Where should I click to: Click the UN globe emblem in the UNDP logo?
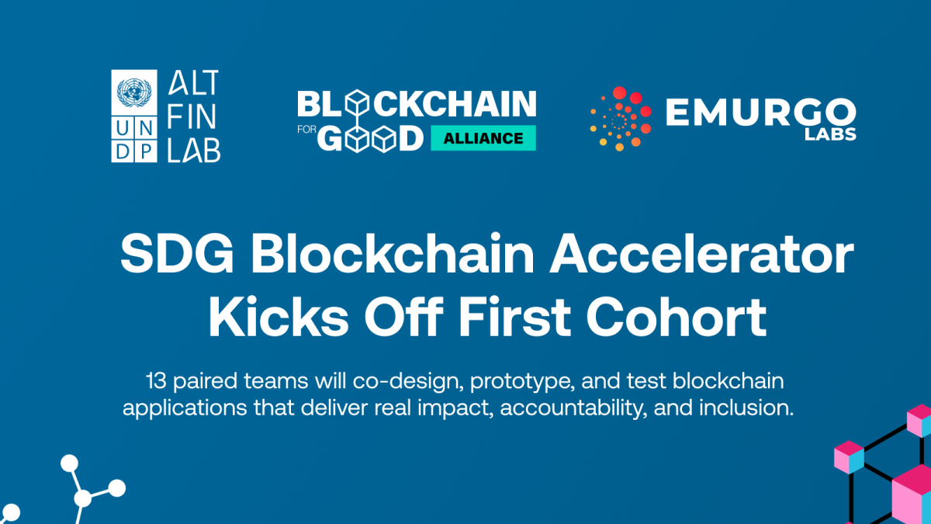pos(133,92)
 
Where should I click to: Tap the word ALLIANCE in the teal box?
pos(483,138)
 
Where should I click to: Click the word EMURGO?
pos(760,112)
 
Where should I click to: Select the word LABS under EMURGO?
pos(830,134)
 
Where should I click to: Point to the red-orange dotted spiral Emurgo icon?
pos(621,119)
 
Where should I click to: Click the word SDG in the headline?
pos(177,253)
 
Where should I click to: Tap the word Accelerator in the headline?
pos(701,253)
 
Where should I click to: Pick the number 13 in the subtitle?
pos(156,381)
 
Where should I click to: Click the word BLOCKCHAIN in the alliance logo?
pos(417,103)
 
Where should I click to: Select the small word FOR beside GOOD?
pos(306,130)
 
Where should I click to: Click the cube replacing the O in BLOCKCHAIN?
pos(358,102)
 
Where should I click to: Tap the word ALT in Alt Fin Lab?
pos(194,82)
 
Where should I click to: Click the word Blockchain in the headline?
pos(393,253)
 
